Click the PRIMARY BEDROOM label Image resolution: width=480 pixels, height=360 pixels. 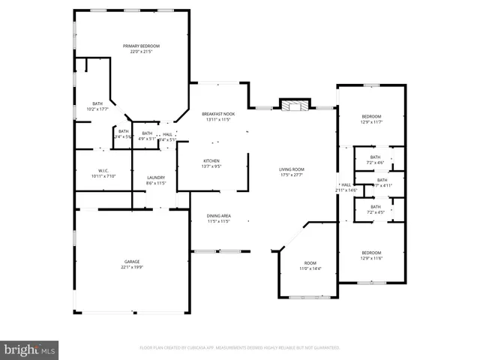pos(141,46)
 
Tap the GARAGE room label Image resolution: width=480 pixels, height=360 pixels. pos(132,262)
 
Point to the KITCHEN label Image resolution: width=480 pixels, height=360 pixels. pos(211,161)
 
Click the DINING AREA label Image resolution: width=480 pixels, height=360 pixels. pos(218,216)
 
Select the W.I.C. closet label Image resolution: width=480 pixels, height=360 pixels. pos(103,171)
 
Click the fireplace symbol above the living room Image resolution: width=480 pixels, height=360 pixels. pos(294,106)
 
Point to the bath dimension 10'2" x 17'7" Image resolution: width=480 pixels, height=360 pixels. pos(98,109)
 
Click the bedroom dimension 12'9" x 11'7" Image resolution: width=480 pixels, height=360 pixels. pos(372,121)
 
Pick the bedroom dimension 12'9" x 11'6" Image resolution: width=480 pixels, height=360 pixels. pos(372,258)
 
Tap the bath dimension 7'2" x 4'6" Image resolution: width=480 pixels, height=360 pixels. pos(375,163)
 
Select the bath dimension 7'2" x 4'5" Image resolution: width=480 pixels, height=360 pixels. pos(375,212)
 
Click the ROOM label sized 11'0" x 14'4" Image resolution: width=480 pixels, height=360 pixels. pos(310,268)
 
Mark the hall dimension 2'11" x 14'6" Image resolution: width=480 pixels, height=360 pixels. pos(346,190)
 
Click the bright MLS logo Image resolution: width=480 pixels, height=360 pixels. pos(30,349)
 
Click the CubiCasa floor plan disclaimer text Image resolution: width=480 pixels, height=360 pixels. pos(240,348)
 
